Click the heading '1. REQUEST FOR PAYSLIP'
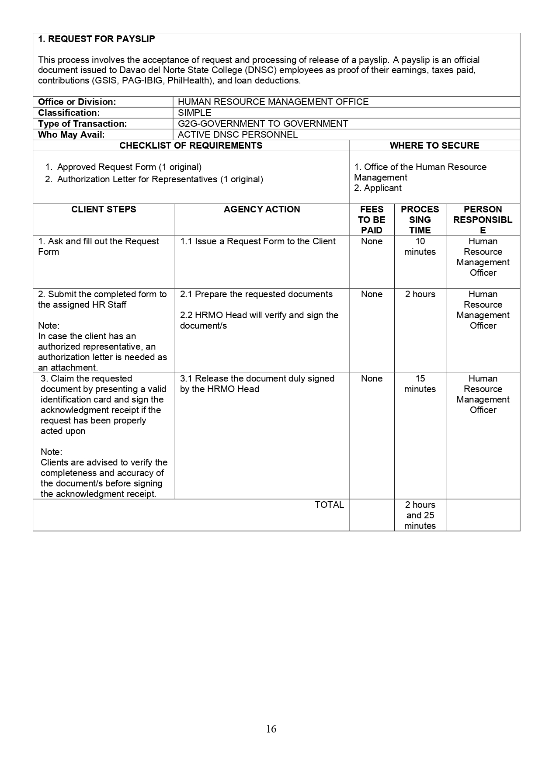[x=97, y=39]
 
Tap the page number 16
[x=271, y=729]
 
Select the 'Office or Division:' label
[x=77, y=102]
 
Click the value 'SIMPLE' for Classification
[x=195, y=113]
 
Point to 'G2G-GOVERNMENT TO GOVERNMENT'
[x=263, y=124]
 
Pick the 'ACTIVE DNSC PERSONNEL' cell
[x=238, y=135]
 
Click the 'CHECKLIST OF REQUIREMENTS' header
[x=191, y=146]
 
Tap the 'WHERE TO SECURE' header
[x=434, y=146]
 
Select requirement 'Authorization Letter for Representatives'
[x=160, y=179]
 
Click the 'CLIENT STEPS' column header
[x=104, y=209]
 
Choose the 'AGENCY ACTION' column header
[x=262, y=209]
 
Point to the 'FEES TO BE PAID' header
[x=372, y=220]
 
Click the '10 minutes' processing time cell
[x=420, y=246]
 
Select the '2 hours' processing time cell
[x=420, y=294]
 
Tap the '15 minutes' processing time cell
[x=420, y=384]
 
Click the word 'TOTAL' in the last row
[x=329, y=505]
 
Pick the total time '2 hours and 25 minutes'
[x=420, y=515]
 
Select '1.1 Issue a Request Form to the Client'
[x=258, y=241]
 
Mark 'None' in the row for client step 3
[x=372, y=378]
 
